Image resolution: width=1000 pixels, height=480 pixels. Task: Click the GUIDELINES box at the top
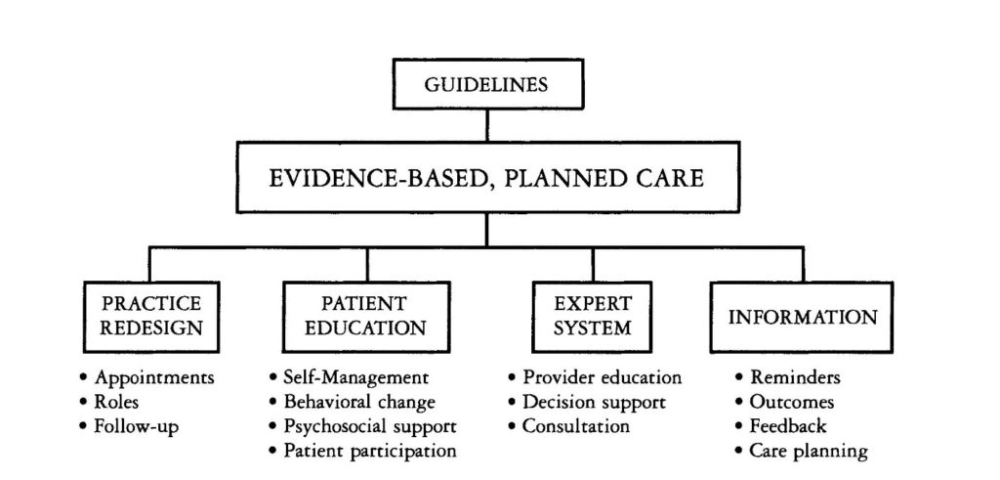tap(488, 84)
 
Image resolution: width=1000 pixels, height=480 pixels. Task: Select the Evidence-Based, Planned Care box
tap(488, 177)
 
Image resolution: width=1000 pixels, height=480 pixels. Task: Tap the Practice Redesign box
tap(151, 317)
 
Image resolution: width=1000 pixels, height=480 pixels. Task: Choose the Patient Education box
tap(366, 317)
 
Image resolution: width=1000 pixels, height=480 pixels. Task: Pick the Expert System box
tap(592, 317)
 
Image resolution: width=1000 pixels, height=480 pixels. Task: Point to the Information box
tap(802, 317)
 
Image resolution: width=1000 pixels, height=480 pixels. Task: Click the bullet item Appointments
tap(147, 378)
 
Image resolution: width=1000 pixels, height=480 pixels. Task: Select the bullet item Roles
tap(109, 402)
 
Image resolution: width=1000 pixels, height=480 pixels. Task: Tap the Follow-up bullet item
tap(130, 426)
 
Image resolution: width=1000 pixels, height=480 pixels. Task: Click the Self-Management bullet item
tap(349, 378)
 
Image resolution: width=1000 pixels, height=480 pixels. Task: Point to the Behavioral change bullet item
tap(352, 402)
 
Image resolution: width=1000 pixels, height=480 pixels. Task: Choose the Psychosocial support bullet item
tap(363, 426)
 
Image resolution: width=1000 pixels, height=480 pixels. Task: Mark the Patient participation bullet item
tap(363, 452)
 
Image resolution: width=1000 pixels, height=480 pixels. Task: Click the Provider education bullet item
tap(595, 378)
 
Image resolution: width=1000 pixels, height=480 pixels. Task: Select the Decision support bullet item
tap(587, 402)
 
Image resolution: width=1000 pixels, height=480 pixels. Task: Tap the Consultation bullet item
tap(569, 426)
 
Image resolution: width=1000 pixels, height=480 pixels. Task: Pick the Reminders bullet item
tap(788, 378)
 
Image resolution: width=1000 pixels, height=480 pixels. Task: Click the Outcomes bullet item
tap(785, 402)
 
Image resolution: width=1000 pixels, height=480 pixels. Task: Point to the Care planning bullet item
tap(802, 452)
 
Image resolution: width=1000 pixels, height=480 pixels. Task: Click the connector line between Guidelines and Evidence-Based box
tap(487, 125)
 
